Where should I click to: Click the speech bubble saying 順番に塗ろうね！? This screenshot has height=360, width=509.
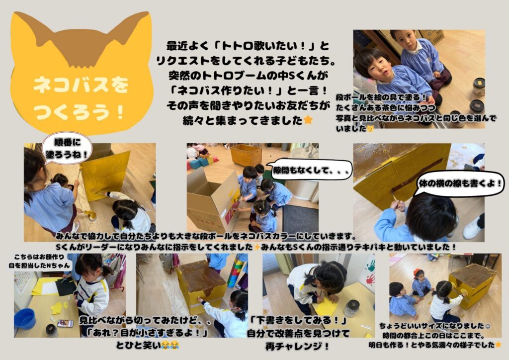tap(67, 148)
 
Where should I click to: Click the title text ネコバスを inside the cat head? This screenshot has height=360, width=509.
tap(81, 85)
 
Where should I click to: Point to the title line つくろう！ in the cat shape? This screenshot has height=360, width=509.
tap(79, 112)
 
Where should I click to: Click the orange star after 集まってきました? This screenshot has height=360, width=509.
tap(308, 120)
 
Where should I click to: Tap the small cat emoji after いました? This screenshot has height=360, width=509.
tap(370, 129)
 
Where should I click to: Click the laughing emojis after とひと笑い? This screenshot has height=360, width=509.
tap(170, 345)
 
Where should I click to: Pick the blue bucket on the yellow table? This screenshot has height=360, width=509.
tap(25, 318)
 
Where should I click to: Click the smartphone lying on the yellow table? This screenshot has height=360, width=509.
tap(65, 323)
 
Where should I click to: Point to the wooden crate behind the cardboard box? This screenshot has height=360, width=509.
tap(246, 155)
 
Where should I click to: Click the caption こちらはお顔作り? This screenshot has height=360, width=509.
tap(39, 258)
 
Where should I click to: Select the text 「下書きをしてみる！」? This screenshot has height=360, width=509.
tap(298, 321)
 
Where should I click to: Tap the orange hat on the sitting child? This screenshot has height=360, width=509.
tap(417, 272)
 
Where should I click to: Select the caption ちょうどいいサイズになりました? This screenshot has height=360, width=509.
tap(432, 326)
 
